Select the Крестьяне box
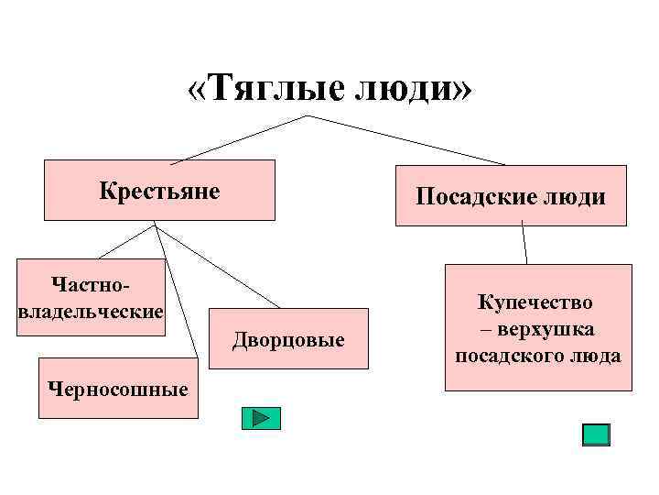pyautogui.click(x=160, y=191)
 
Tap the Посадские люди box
pyautogui.click(x=511, y=195)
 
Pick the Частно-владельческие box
pyautogui.click(x=92, y=296)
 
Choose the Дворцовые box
pyautogui.click(x=288, y=339)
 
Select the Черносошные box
pyautogui.click(x=119, y=389)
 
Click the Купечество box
pyautogui.click(x=538, y=327)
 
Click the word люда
pyautogui.click(x=598, y=355)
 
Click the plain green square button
pyautogui.click(x=596, y=434)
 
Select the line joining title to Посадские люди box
pyautogui.click(x=403, y=139)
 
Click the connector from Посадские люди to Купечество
pyautogui.click(x=524, y=245)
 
